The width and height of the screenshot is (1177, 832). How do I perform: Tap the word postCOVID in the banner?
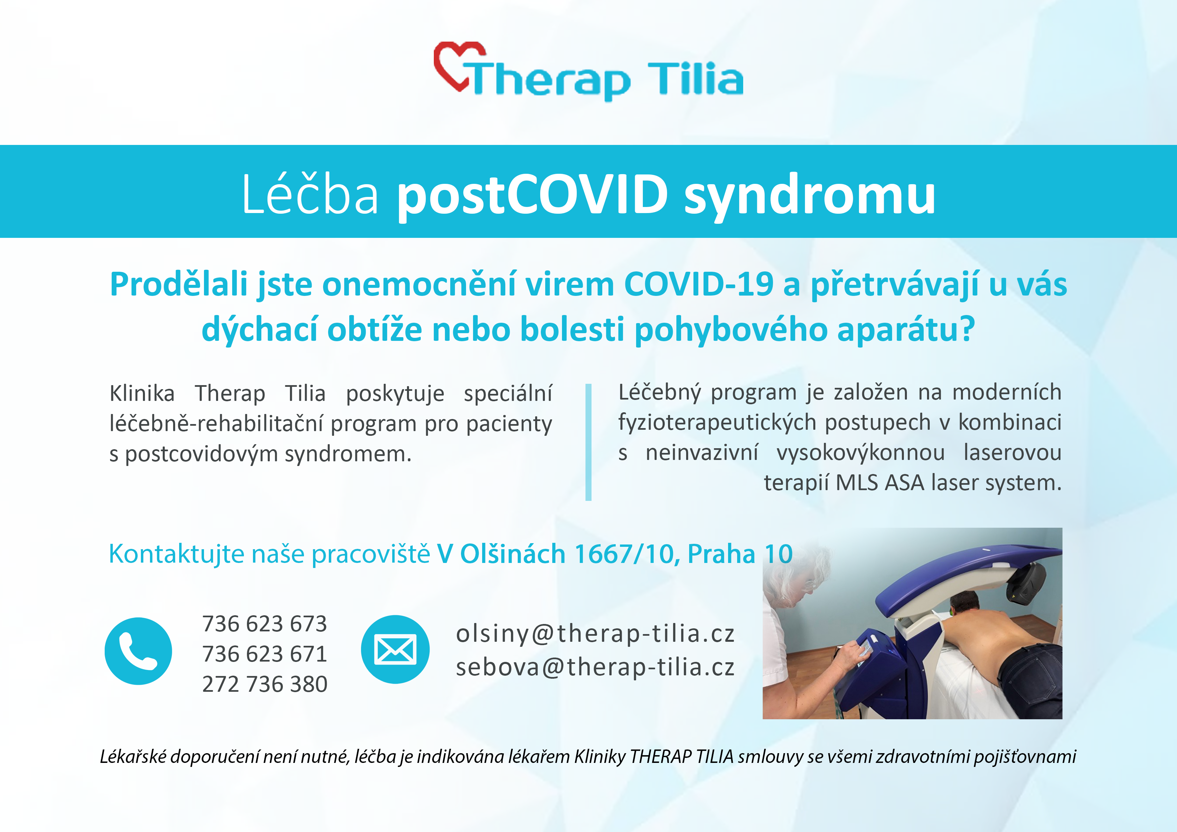tap(532, 195)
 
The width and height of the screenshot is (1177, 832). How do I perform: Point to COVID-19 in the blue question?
tap(698, 284)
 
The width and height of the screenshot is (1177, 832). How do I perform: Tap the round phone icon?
tap(139, 651)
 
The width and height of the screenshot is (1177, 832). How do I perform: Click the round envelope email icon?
tap(395, 649)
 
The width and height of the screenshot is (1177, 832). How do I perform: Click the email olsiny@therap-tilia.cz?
tap(595, 634)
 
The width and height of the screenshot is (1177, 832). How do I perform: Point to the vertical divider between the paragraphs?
tap(588, 442)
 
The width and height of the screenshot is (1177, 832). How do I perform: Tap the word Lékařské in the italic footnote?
tap(133, 757)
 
